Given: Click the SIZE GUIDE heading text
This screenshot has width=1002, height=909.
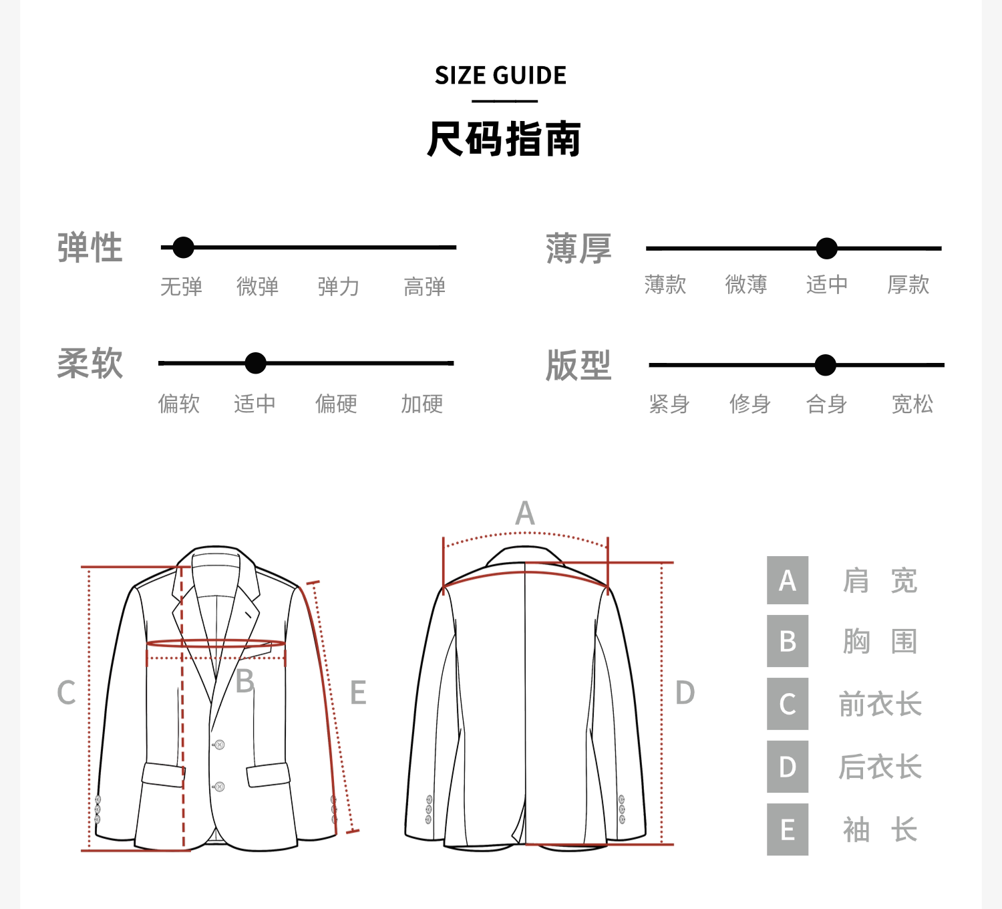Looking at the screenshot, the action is click(x=500, y=76).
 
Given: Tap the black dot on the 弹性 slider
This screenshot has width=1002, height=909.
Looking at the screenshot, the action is click(x=183, y=247).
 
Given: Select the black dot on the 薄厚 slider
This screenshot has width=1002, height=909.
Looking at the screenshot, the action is click(x=826, y=249).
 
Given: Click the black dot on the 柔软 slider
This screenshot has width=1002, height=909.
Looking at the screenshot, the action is click(x=255, y=364).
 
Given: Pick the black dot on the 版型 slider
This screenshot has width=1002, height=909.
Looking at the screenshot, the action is click(x=826, y=366).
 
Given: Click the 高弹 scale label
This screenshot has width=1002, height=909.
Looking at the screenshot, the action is click(x=424, y=287).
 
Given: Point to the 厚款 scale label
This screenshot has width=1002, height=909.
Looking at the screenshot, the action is click(x=908, y=285).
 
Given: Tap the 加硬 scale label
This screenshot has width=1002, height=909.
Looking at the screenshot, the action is click(x=422, y=404).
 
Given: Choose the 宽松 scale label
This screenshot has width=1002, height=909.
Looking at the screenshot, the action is click(x=912, y=404).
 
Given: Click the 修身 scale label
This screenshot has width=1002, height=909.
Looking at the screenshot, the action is click(x=749, y=404).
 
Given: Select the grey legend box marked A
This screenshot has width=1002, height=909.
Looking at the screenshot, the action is click(x=788, y=580).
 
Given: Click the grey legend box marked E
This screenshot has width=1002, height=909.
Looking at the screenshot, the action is click(x=788, y=829).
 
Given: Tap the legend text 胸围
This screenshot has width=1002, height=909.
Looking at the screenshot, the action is click(x=880, y=642).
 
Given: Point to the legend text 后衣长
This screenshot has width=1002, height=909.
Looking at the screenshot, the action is click(x=880, y=767).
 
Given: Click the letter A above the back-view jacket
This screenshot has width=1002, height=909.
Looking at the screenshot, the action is click(x=525, y=513).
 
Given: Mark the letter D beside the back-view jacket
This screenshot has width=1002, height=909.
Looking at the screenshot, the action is click(x=685, y=693).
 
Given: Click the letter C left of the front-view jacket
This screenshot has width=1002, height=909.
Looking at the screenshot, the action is click(x=66, y=693).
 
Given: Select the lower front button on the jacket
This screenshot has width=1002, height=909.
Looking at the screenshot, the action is click(x=218, y=787).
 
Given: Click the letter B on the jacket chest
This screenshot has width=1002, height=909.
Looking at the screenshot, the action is click(x=245, y=681).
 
